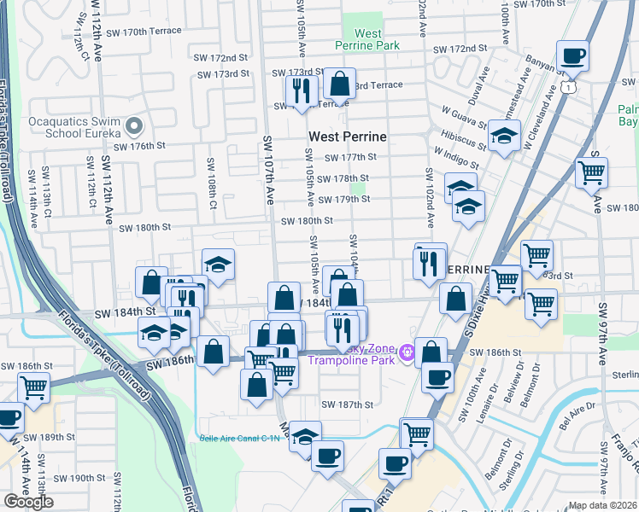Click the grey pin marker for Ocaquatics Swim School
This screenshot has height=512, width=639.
coord(133,127)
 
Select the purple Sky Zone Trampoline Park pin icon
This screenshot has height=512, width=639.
coord(408,350)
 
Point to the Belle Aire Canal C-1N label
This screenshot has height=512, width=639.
coord(239,435)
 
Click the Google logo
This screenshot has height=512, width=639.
coord(29,502)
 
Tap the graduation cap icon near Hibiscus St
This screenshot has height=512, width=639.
coord(504,135)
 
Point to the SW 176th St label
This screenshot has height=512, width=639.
coord(138,146)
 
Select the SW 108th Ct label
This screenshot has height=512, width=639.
coord(209,175)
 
